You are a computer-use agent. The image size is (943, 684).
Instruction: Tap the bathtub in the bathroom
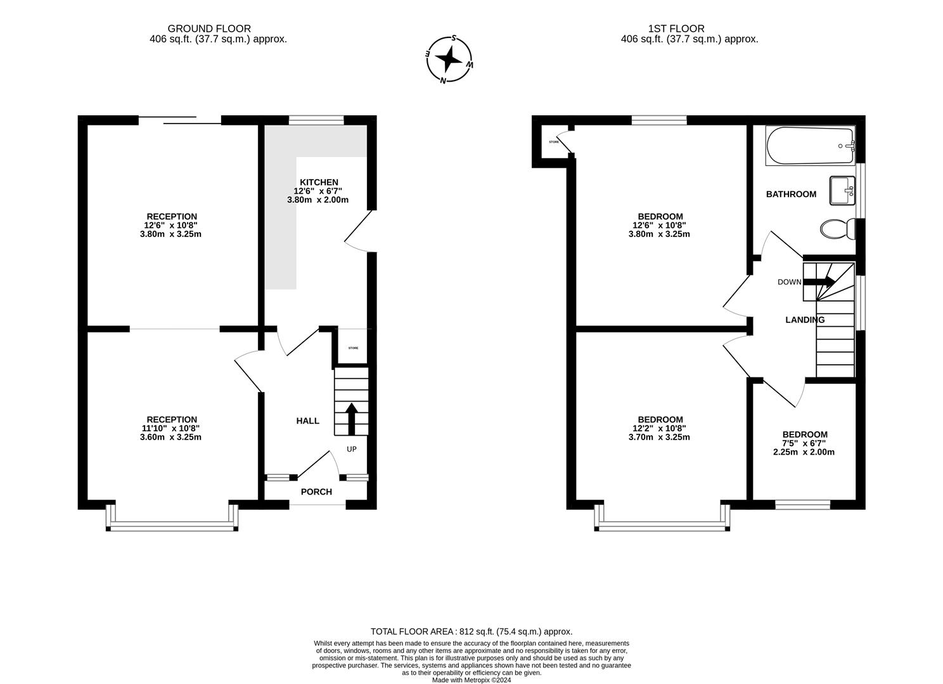click(810, 146)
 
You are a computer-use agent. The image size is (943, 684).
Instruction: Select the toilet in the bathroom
click(836, 229)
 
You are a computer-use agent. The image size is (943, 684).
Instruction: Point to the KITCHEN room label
click(319, 182)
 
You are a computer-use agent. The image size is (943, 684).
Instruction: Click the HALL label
click(308, 421)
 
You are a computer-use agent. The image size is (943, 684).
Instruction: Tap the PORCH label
click(316, 492)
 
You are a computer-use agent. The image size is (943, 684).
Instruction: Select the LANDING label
click(805, 320)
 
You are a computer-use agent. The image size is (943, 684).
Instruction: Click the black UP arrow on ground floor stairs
click(351, 419)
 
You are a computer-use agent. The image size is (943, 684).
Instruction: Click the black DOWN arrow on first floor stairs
click(820, 282)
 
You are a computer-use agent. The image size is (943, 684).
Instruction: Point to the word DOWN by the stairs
click(789, 282)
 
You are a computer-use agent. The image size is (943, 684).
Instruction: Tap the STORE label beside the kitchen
click(353, 348)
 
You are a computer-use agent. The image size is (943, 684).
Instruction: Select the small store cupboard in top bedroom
click(553, 142)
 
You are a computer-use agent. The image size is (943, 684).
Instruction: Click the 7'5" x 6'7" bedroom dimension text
click(804, 443)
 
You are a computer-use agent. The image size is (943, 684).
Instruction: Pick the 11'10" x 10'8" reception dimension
click(171, 428)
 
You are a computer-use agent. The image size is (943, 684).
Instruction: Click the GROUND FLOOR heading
click(209, 28)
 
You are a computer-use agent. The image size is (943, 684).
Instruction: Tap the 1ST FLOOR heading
click(676, 28)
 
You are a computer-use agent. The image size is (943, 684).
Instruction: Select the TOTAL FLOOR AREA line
click(471, 631)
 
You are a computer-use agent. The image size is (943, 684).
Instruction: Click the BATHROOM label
click(791, 194)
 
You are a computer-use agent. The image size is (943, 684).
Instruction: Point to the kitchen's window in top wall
click(316, 120)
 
